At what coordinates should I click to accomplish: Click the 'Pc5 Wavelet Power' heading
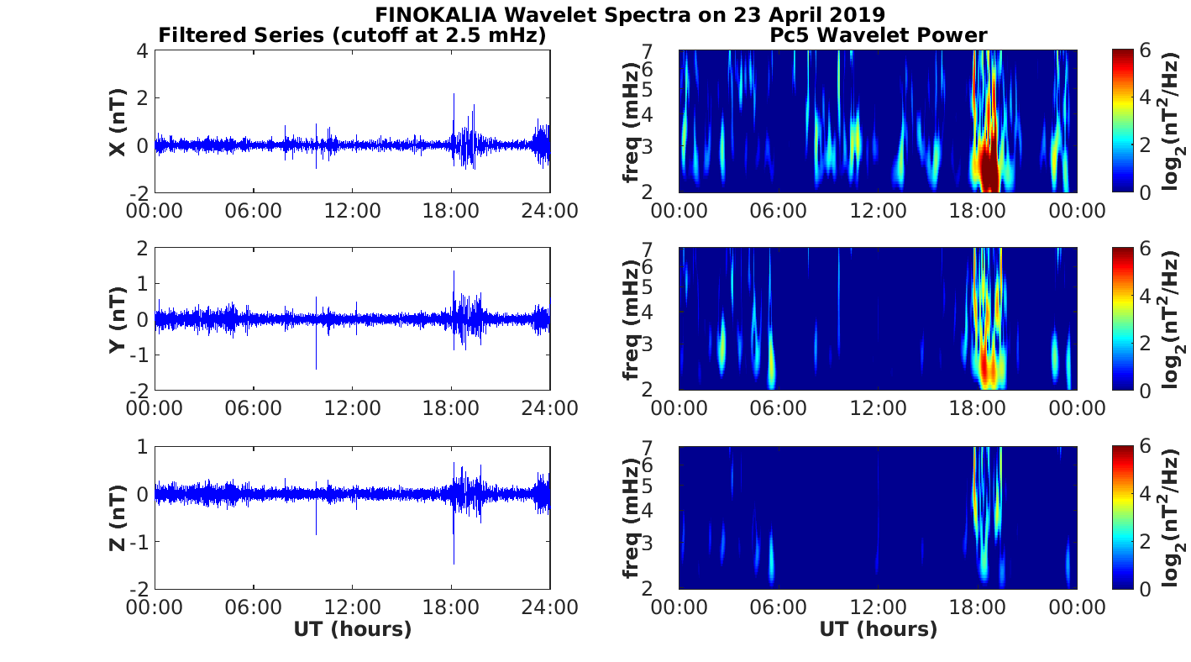(x=878, y=34)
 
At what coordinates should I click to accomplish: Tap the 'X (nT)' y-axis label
(x=118, y=122)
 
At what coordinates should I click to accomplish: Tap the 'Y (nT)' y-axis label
(x=118, y=319)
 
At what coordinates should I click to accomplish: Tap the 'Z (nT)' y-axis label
(x=118, y=518)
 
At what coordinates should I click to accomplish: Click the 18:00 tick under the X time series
(x=452, y=210)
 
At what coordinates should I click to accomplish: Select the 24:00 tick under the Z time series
(x=551, y=607)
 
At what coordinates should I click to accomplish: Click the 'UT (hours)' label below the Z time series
(x=352, y=629)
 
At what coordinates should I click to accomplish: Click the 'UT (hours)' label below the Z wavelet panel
(x=878, y=629)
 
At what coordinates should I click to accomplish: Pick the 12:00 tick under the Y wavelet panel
(x=878, y=408)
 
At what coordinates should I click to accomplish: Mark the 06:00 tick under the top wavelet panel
(x=779, y=210)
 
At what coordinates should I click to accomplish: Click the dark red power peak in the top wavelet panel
(x=989, y=168)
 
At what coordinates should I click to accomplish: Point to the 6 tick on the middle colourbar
(x=1146, y=249)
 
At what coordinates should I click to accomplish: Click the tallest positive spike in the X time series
(x=454, y=94)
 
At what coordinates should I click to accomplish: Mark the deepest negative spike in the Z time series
(x=454, y=564)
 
